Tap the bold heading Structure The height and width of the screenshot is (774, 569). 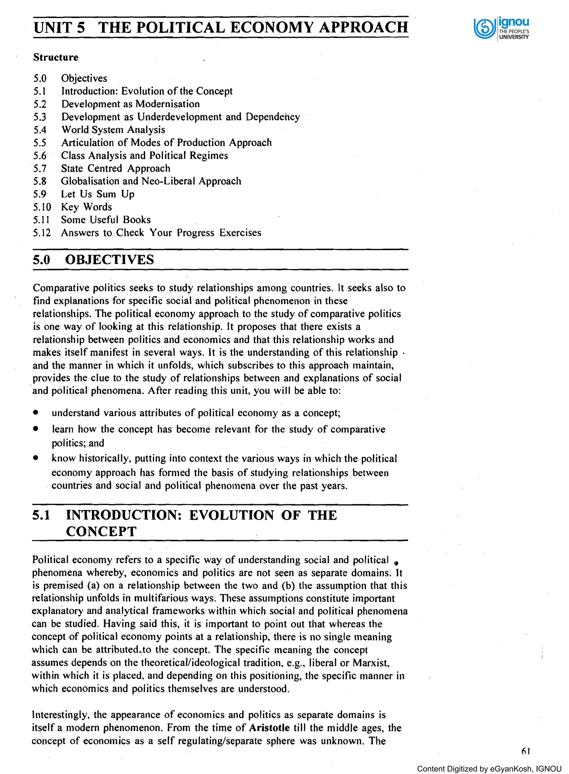(x=56, y=57)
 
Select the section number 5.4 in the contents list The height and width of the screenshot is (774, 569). (x=40, y=130)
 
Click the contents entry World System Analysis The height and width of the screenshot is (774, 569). (x=113, y=130)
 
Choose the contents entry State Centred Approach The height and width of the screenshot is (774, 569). (x=116, y=169)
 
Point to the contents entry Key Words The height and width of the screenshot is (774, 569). (x=86, y=207)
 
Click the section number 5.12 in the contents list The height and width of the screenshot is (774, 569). (x=42, y=233)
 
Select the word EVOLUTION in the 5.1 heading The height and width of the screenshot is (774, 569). (x=231, y=515)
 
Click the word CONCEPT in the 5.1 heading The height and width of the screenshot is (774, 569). (x=101, y=531)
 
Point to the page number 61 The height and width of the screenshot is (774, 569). (x=526, y=751)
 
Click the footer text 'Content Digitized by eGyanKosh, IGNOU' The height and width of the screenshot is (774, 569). (x=489, y=769)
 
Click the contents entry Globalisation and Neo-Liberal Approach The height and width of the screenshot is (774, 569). (x=151, y=181)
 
